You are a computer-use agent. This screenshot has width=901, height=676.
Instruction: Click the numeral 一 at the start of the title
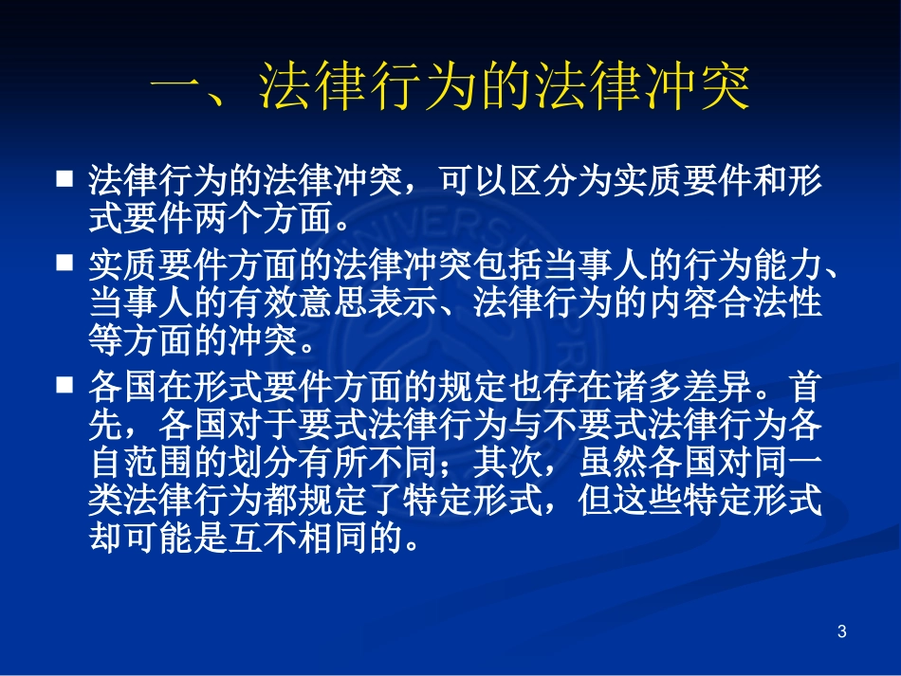pyautogui.click(x=180, y=92)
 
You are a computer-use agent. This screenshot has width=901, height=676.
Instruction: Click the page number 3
pyautogui.click(x=842, y=631)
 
